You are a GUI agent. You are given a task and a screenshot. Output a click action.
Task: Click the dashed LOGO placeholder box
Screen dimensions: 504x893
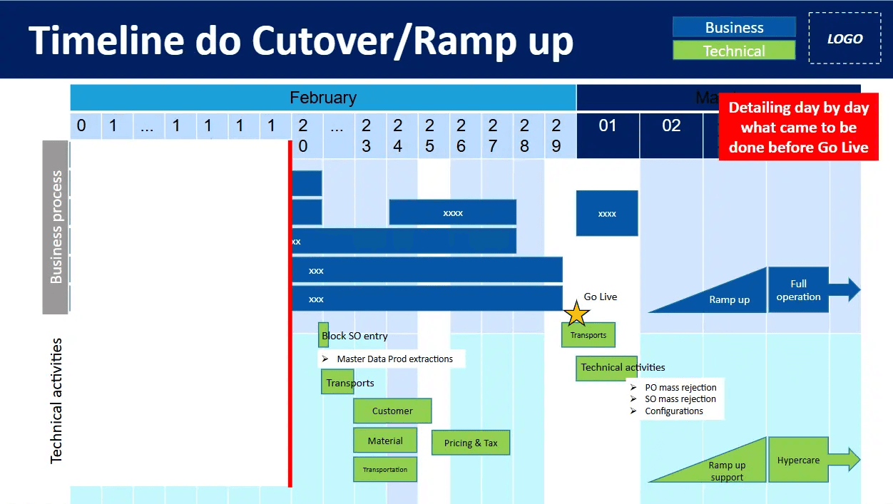coord(844,39)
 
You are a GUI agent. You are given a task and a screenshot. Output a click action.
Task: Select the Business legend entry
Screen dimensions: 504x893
coord(734,27)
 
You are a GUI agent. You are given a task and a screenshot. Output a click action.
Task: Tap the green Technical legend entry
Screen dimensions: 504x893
coord(734,51)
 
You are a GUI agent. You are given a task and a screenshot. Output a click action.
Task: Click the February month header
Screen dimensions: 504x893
coord(322,98)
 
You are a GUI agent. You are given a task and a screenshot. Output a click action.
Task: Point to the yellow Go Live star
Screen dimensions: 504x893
coord(576,313)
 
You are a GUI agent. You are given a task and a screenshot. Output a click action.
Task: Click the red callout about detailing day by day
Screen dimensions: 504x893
coord(798,128)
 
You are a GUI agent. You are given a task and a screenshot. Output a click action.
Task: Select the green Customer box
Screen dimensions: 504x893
coord(392,411)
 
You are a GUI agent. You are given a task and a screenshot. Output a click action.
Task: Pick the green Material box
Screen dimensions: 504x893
coord(385,441)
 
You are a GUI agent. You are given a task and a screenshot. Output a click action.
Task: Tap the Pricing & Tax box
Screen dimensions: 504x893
coord(471,443)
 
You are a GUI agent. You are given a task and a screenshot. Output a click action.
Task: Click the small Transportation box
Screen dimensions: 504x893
coord(385,469)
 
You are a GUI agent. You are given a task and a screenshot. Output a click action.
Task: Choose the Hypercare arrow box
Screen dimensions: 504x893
coord(799,460)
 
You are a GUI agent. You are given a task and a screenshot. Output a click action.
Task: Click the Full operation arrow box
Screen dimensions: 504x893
coord(799,290)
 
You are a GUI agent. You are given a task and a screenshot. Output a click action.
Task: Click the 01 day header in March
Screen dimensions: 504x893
coord(608,126)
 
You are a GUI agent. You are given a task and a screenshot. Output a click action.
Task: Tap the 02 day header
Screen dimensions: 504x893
coord(671,126)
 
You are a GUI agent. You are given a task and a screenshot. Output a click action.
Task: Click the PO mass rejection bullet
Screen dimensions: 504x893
coord(680,388)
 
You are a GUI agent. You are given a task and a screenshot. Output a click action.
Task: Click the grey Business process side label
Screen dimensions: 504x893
coord(56,227)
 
